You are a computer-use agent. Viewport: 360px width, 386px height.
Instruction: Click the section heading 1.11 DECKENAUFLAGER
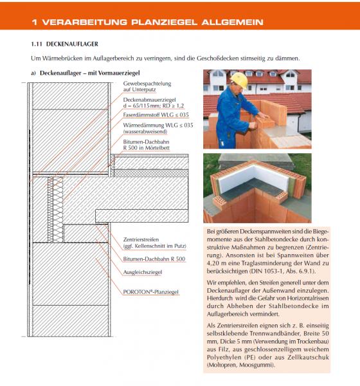(x=64, y=44)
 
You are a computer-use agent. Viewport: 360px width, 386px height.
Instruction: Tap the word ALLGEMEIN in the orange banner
(x=232, y=22)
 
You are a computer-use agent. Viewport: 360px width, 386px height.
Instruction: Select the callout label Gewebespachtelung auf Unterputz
(x=147, y=86)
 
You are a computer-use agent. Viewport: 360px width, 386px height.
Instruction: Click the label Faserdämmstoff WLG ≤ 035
(x=156, y=115)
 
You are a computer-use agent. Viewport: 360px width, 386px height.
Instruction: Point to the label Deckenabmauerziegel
(x=149, y=100)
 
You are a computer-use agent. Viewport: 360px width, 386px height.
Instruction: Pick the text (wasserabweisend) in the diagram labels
(x=145, y=132)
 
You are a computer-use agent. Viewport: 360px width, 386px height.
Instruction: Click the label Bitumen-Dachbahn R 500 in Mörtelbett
(x=146, y=145)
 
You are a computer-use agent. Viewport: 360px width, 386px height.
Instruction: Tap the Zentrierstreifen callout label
(x=141, y=239)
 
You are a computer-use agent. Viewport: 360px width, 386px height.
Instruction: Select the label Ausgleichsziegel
(x=143, y=272)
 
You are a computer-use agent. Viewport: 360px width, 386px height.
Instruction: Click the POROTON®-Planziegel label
(x=150, y=292)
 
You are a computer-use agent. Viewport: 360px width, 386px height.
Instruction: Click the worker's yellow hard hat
(x=239, y=79)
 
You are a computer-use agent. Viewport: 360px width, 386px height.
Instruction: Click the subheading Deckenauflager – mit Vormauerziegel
(x=89, y=73)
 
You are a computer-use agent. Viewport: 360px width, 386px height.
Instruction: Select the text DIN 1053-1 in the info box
(x=264, y=271)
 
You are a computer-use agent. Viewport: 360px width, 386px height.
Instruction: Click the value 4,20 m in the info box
(x=215, y=263)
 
